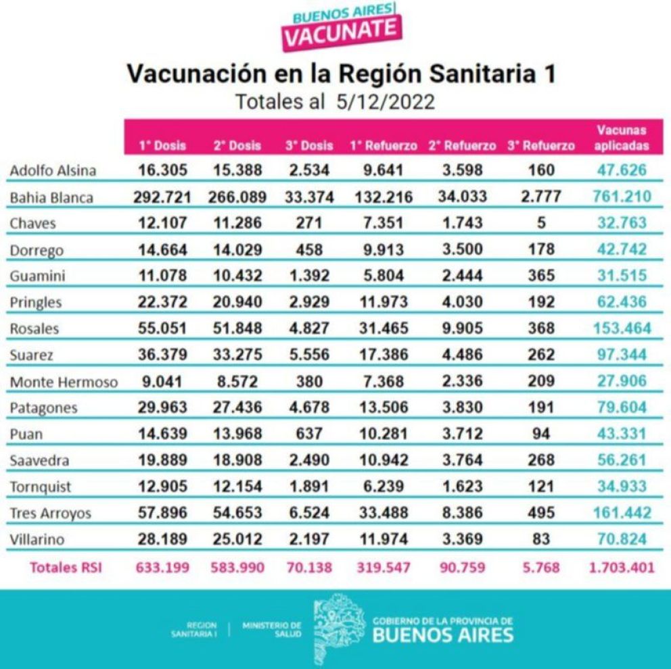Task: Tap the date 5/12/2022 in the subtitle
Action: [384, 101]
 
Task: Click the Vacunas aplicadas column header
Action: [621, 138]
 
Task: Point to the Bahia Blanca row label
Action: [51, 199]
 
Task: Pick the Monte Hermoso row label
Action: [63, 382]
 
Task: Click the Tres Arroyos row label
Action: [50, 513]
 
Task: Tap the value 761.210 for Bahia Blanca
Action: [621, 197]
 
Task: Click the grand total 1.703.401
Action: [621, 568]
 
